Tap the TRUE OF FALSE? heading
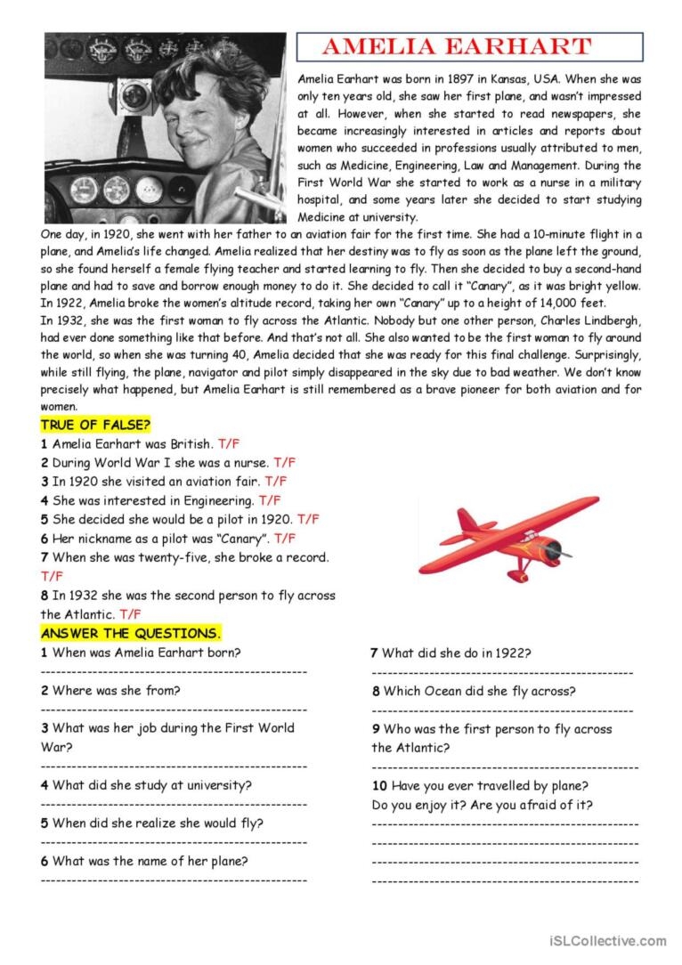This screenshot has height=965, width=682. pyautogui.click(x=95, y=425)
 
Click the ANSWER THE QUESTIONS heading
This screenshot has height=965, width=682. pyautogui.click(x=130, y=633)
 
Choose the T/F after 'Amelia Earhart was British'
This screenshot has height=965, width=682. pyautogui.click(x=229, y=443)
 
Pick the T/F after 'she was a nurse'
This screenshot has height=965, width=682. pyautogui.click(x=285, y=462)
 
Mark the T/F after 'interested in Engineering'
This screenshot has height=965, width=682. pyautogui.click(x=269, y=500)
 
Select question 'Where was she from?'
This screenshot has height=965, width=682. pyautogui.click(x=110, y=690)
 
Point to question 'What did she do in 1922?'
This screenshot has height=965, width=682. pyautogui.click(x=451, y=653)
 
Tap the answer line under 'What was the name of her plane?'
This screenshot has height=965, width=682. pyautogui.click(x=174, y=880)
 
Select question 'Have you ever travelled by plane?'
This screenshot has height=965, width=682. pyautogui.click(x=480, y=786)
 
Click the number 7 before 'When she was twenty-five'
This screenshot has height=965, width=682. pyautogui.click(x=45, y=557)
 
